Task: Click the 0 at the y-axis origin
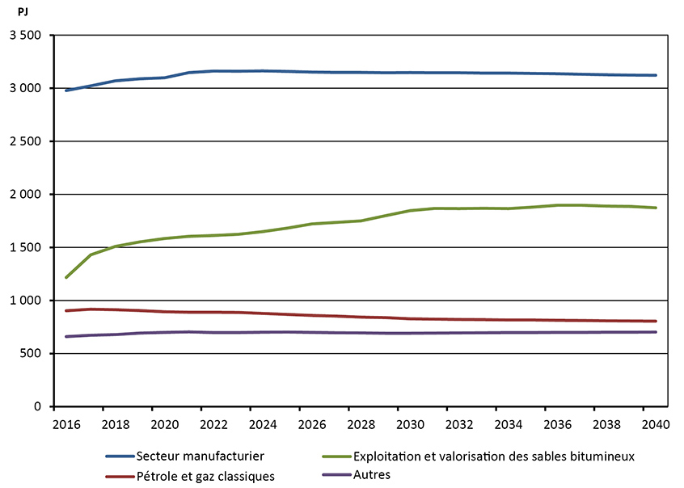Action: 38,407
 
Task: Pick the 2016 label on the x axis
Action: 65,424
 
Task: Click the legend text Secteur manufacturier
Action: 201,456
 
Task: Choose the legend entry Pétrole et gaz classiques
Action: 205,477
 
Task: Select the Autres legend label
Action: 371,475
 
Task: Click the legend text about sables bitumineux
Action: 493,456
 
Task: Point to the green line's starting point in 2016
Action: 66,277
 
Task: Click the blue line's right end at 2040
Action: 656,75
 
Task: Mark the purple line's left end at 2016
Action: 66,336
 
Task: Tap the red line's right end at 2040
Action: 656,321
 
